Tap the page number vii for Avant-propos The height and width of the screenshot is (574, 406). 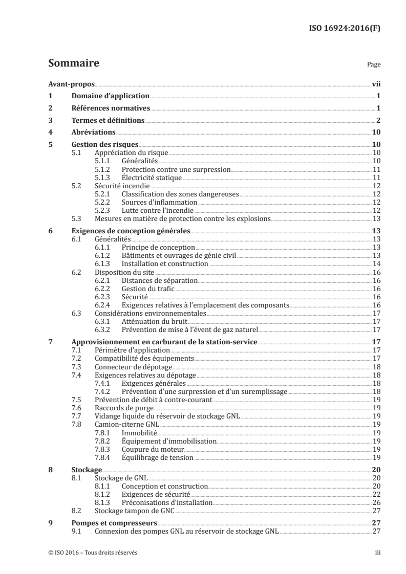pyautogui.click(x=375, y=84)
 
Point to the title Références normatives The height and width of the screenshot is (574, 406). pyautogui.click(x=110, y=108)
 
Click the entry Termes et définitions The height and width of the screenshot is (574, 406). pyautogui.click(x=108, y=121)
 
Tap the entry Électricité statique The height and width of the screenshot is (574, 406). pyautogui.click(x=145, y=177)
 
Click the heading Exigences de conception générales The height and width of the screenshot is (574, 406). pyautogui.click(x=130, y=231)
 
